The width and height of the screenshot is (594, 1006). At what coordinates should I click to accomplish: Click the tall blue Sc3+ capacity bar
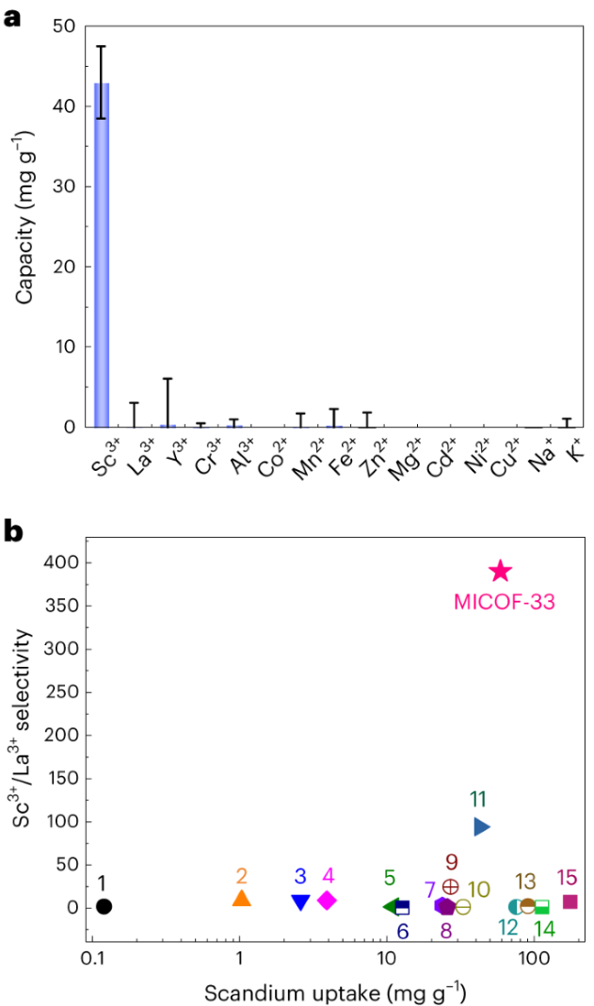pyautogui.click(x=102, y=254)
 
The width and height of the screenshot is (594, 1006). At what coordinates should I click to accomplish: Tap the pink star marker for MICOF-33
pyautogui.click(x=500, y=571)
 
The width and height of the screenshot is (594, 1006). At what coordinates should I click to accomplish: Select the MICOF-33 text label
pyautogui.click(x=501, y=598)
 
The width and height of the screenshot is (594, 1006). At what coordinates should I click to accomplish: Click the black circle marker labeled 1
pyautogui.click(x=104, y=906)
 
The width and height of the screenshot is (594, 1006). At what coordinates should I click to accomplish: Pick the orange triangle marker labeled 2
pyautogui.click(x=242, y=899)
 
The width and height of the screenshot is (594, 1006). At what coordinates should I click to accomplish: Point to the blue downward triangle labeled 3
pyautogui.click(x=300, y=901)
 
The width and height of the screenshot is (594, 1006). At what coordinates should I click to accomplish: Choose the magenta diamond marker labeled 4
pyautogui.click(x=327, y=901)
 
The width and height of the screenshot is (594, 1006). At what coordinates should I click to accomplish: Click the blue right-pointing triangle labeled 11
pyautogui.click(x=481, y=826)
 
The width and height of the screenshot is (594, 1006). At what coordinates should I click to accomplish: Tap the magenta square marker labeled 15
pyautogui.click(x=570, y=901)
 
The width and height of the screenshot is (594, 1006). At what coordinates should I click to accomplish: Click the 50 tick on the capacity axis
pyautogui.click(x=66, y=26)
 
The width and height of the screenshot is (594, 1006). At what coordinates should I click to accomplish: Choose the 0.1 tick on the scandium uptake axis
pyautogui.click(x=92, y=959)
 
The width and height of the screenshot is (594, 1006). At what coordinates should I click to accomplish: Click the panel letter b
pyautogui.click(x=15, y=532)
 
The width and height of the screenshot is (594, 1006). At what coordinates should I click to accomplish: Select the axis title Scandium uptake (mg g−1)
pyautogui.click(x=336, y=992)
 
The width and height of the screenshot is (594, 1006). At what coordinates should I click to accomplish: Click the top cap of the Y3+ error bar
pyautogui.click(x=168, y=379)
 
